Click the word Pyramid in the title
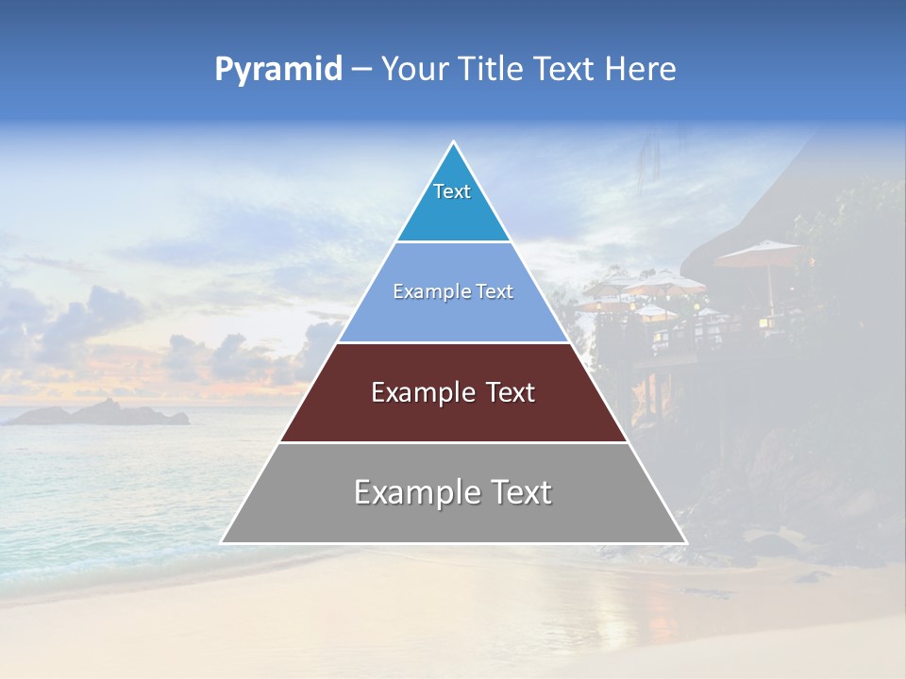277,70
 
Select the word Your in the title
415,69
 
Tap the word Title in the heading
492,69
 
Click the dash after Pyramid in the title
361,70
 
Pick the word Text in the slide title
566,69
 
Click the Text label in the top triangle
452,191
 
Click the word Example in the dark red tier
422,392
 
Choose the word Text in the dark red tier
511,392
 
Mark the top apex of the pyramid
453,142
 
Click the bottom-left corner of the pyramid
222,542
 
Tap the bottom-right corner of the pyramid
685,542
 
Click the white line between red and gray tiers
453,442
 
